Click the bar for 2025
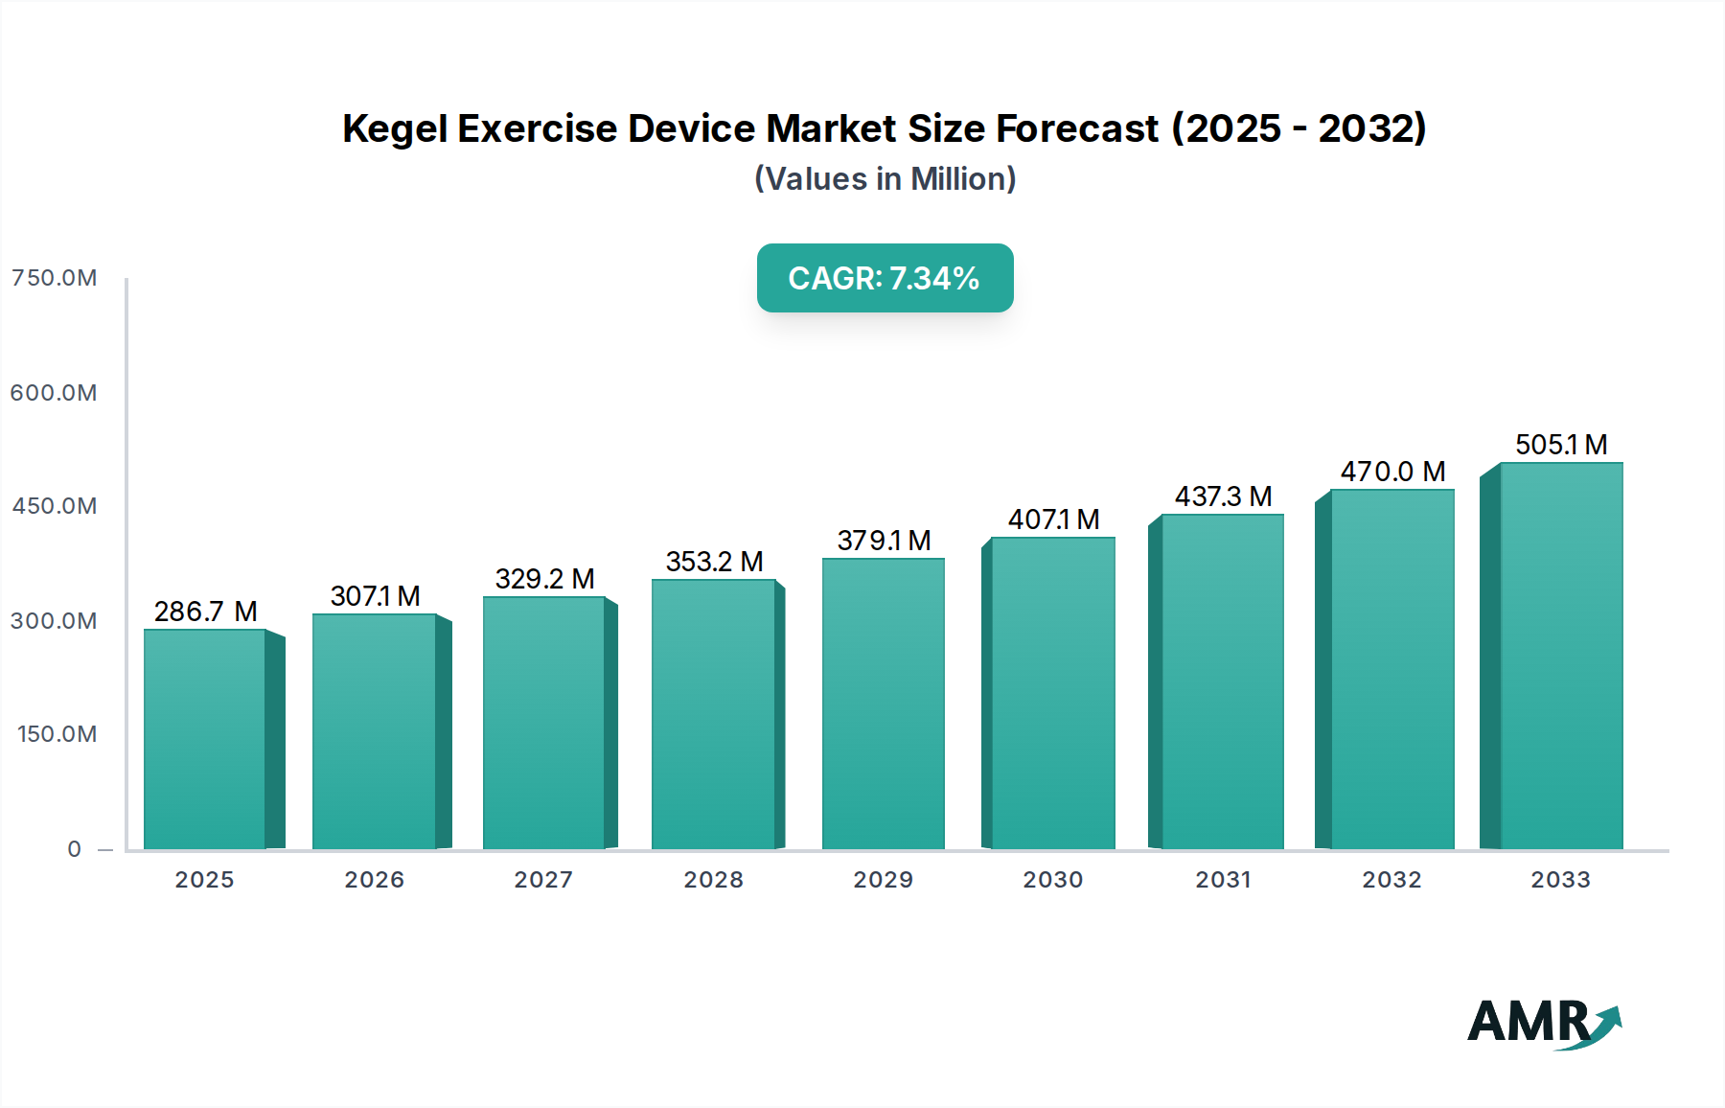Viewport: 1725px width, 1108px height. [205, 740]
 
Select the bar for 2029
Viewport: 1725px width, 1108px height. [883, 704]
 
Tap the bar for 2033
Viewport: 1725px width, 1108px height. [1560, 657]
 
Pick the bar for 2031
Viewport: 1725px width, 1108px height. [1222, 682]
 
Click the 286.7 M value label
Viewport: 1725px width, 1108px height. [205, 612]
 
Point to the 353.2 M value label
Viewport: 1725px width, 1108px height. [714, 562]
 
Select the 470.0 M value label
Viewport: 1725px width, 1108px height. [1392, 472]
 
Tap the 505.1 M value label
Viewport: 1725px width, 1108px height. [1560, 445]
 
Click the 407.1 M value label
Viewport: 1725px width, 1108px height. [1053, 519]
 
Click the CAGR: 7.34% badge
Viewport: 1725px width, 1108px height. [885, 278]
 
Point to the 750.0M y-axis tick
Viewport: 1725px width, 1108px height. [55, 278]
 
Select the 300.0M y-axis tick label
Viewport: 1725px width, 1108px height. [55, 621]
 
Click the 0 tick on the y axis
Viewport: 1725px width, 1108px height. [75, 849]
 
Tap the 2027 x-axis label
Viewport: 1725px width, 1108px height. [543, 880]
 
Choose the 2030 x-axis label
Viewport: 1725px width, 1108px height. [1052, 880]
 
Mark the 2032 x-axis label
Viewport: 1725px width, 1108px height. [1391, 880]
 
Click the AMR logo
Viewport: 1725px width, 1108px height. [1543, 1024]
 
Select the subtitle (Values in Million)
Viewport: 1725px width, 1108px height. [885, 179]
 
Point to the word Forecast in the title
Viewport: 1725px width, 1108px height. [1077, 128]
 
